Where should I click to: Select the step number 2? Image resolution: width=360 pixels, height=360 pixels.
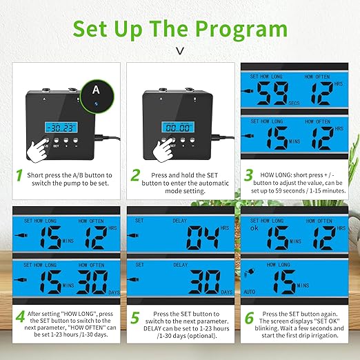135,176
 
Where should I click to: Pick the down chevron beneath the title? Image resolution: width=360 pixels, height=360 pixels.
180,50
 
